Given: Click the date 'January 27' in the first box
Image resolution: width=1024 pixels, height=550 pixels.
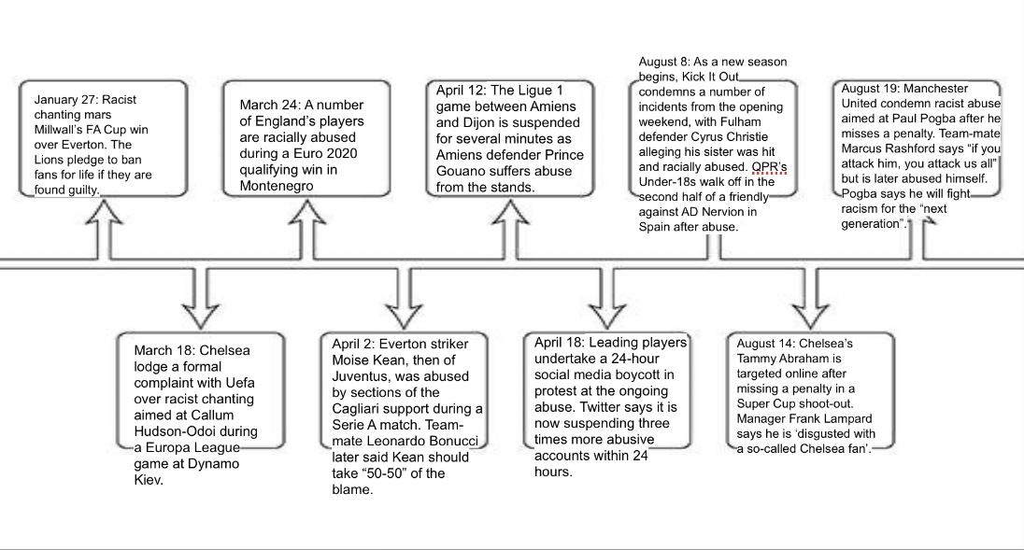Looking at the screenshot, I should point(65,99).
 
